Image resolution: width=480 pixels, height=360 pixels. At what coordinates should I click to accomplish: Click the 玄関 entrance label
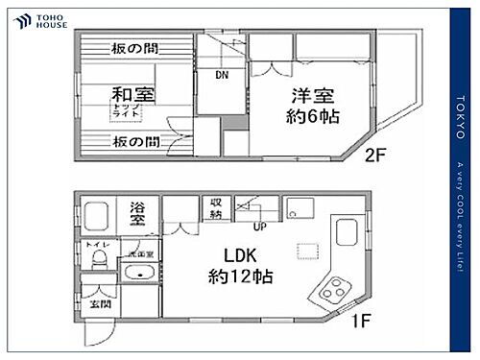click(100, 303)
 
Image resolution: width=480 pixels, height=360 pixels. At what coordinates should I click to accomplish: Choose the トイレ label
click(99, 247)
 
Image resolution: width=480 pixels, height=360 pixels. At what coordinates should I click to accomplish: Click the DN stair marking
click(221, 74)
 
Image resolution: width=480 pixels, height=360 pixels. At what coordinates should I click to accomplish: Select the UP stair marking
click(259, 228)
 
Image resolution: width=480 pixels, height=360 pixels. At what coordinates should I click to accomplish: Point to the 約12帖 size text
click(240, 278)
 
